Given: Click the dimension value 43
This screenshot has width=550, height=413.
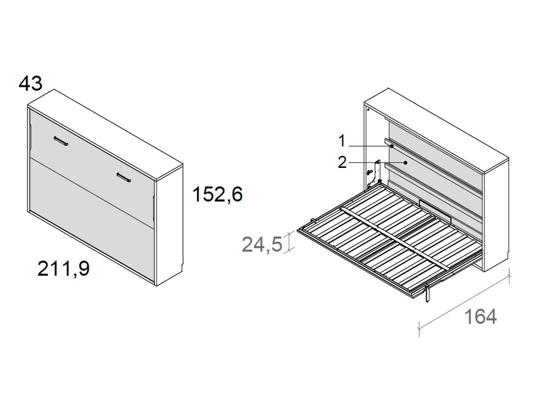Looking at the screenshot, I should coord(30,84).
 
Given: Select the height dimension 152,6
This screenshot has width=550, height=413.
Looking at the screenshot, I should coord(217,194).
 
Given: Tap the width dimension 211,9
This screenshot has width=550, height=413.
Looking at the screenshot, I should coord(63,269).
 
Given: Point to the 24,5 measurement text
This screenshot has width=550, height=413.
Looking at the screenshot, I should coord(262,243).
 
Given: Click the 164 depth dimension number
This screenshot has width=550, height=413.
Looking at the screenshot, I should coord(480,317).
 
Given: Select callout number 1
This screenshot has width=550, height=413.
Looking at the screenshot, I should coord(342,142).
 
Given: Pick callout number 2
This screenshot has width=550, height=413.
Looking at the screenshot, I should coord(342,162).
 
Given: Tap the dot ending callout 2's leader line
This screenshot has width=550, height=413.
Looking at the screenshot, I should coord(405,162).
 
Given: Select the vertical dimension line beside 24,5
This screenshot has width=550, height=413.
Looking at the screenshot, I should coord(290,241).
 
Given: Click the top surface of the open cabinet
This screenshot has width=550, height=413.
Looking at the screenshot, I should coord(440,123).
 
